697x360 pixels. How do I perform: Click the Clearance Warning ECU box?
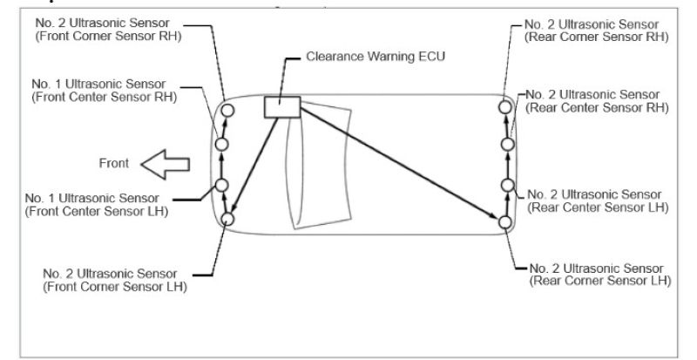coord(281,106)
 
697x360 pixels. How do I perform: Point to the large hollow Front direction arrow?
coord(166,163)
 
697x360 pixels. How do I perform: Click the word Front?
coord(113,163)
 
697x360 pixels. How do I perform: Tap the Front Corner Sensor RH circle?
coord(228,110)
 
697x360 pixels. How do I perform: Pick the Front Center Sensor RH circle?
coord(221,144)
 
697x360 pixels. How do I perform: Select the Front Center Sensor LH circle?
coord(221,185)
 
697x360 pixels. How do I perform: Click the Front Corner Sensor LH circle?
coord(228,219)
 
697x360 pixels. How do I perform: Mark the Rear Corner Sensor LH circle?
coord(505,222)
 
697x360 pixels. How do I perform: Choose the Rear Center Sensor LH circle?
coord(505,185)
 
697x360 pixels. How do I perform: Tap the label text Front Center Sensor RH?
coord(104,97)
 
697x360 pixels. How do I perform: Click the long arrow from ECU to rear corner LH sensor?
coord(396,165)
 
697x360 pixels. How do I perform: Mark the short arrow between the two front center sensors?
coord(221,165)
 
